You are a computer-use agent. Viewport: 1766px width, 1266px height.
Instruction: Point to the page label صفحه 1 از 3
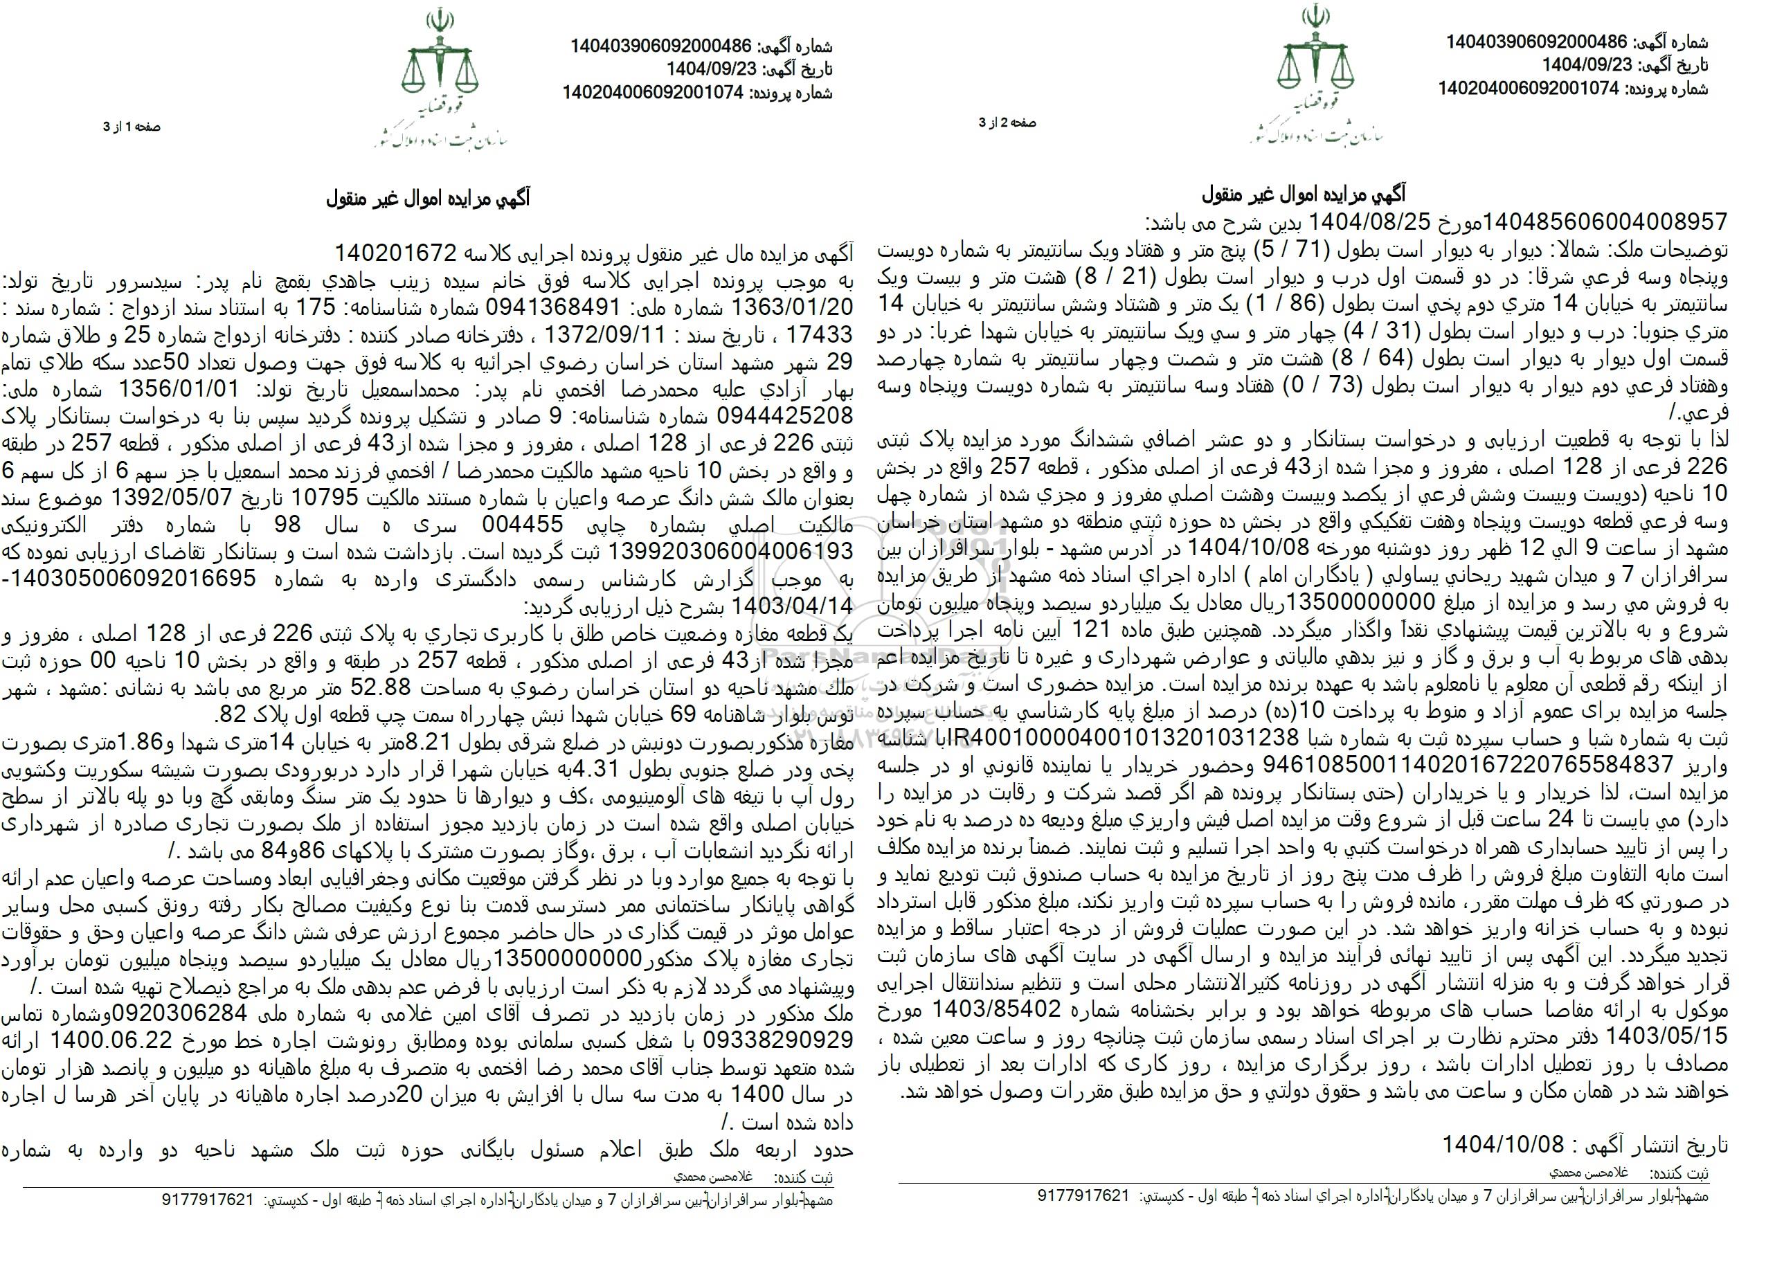pyautogui.click(x=132, y=127)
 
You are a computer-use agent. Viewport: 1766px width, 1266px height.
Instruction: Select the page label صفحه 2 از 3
pyautogui.click(x=1009, y=123)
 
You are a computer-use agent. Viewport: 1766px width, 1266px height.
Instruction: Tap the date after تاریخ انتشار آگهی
pyautogui.click(x=1503, y=1143)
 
